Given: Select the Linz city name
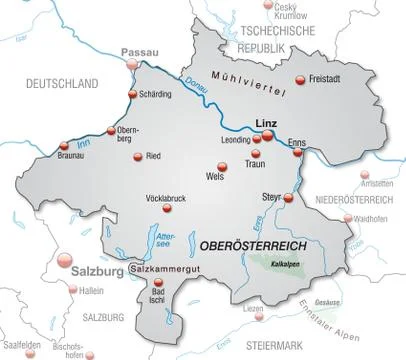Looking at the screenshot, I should click(266, 122).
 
